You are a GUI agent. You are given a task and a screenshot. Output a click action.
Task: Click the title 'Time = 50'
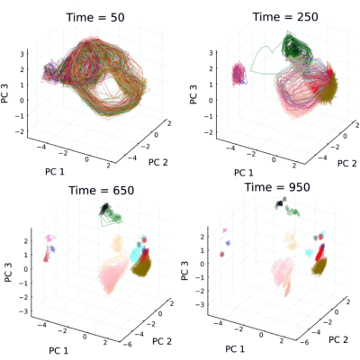coord(95,17)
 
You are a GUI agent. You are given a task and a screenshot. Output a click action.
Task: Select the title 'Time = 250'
coord(285,17)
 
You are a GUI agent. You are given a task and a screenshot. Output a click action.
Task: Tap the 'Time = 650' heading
coord(102,190)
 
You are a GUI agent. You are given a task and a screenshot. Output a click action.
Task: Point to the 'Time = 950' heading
coord(277,187)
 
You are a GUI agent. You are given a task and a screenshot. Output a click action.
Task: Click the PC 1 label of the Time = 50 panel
coord(55,172)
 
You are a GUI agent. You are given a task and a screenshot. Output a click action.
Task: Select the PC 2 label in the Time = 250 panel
coord(347,164)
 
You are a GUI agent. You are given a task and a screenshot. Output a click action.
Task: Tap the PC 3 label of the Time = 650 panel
coord(9,272)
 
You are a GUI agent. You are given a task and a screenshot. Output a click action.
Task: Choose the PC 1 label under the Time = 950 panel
coord(235,349)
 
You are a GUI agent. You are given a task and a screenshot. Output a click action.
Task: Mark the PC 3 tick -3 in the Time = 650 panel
coord(23,311)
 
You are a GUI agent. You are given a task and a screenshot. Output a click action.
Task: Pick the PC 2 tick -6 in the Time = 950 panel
coord(305,342)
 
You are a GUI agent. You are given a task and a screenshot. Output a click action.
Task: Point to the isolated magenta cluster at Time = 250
coord(239,73)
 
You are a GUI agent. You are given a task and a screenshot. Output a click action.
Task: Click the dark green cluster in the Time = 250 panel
coord(296,47)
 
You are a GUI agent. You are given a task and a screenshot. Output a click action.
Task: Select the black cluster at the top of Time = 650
coord(105,207)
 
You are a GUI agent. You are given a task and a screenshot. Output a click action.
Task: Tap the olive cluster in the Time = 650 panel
coord(141,267)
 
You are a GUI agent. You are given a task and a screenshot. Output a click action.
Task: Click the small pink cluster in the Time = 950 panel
coord(224,230)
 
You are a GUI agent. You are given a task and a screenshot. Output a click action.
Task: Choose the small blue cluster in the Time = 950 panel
coord(228,243)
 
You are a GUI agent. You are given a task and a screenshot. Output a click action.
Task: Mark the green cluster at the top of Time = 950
coord(292,211)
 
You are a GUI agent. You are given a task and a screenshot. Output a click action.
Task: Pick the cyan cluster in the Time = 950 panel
coord(309,252)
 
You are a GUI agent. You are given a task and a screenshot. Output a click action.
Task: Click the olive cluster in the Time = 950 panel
coord(319,266)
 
